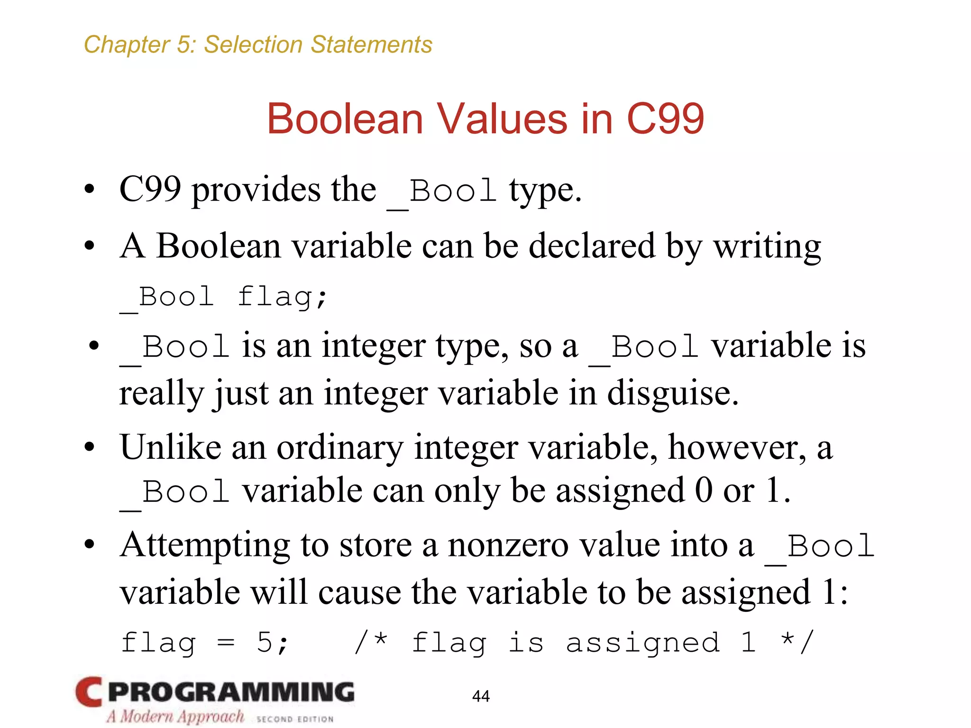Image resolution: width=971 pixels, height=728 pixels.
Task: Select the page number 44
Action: [481, 696]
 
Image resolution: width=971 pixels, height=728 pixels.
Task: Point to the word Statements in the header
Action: [371, 45]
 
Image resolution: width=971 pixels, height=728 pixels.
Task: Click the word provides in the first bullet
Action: [256, 190]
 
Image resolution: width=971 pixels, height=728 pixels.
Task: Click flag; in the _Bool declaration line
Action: [282, 297]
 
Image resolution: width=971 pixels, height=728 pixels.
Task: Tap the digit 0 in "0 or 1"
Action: [704, 490]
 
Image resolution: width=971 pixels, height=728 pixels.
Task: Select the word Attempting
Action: [205, 546]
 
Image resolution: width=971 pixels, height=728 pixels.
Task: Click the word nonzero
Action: [508, 546]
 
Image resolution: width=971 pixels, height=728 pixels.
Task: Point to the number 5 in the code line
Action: [265, 643]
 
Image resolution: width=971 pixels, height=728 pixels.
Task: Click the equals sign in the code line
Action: [226, 643]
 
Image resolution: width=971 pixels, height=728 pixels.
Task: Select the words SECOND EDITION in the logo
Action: [295, 719]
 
